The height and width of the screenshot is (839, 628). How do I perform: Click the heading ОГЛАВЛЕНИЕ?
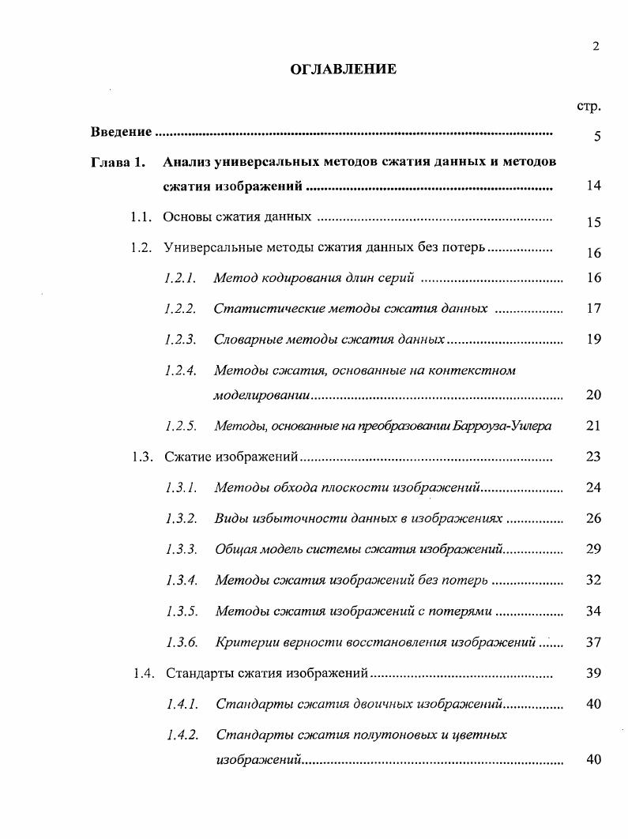(x=343, y=70)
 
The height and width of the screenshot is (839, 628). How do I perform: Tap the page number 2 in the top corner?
(x=595, y=46)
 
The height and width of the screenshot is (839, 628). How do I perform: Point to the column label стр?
(x=589, y=105)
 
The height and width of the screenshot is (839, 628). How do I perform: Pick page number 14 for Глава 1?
(x=594, y=186)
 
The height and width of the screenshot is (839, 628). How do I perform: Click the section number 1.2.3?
(x=180, y=339)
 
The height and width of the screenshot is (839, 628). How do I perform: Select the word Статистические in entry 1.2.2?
(x=263, y=308)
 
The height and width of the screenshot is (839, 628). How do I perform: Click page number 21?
(x=594, y=426)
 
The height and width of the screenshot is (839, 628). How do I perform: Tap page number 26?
(x=594, y=518)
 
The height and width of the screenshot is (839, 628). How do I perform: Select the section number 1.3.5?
(x=182, y=611)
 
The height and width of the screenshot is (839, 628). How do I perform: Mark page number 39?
(x=594, y=673)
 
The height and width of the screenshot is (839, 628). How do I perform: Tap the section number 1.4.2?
(x=182, y=735)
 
